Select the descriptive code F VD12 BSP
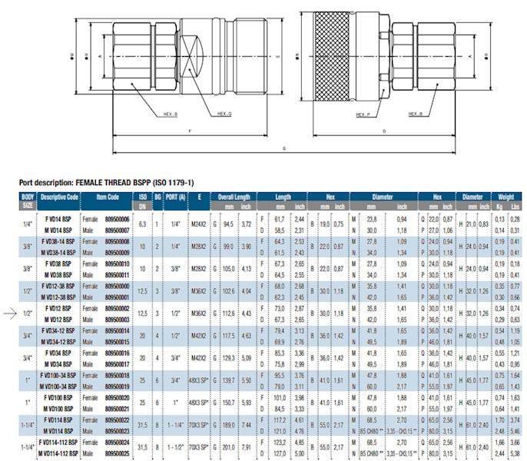tap(60, 308)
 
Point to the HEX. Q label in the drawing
tap(224, 113)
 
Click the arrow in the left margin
tap(9, 312)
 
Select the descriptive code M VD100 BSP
tap(60, 408)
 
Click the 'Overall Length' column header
tap(236, 197)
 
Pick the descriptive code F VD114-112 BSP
tap(60, 443)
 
